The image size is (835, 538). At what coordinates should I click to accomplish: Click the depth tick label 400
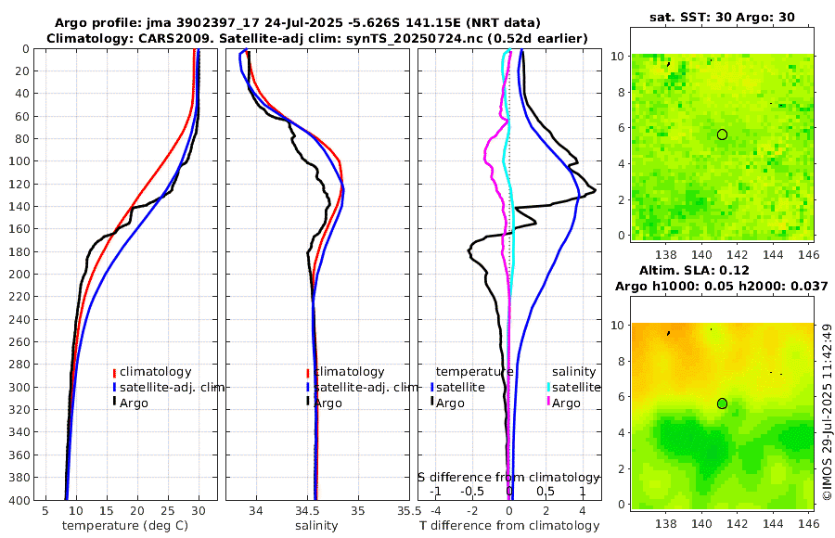pyautogui.click(x=19, y=500)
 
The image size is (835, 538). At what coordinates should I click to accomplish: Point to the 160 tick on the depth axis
pyautogui.click(x=19, y=229)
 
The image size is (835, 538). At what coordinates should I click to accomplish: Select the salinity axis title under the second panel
pyautogui.click(x=315, y=526)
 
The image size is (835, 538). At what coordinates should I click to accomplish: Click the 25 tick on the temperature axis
pyautogui.click(x=168, y=510)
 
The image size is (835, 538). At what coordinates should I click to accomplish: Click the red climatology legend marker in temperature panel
pyautogui.click(x=114, y=372)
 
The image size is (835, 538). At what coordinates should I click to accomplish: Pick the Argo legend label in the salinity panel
pyautogui.click(x=328, y=403)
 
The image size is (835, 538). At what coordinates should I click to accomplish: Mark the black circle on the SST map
pyautogui.click(x=722, y=134)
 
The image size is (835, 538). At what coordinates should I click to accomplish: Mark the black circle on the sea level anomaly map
pyautogui.click(x=722, y=403)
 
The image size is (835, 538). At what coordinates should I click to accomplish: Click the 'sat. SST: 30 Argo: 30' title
pyautogui.click(x=723, y=18)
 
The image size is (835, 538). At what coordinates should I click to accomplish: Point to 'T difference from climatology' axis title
pyautogui.click(x=509, y=526)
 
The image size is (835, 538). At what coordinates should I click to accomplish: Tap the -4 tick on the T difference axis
pyautogui.click(x=434, y=510)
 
